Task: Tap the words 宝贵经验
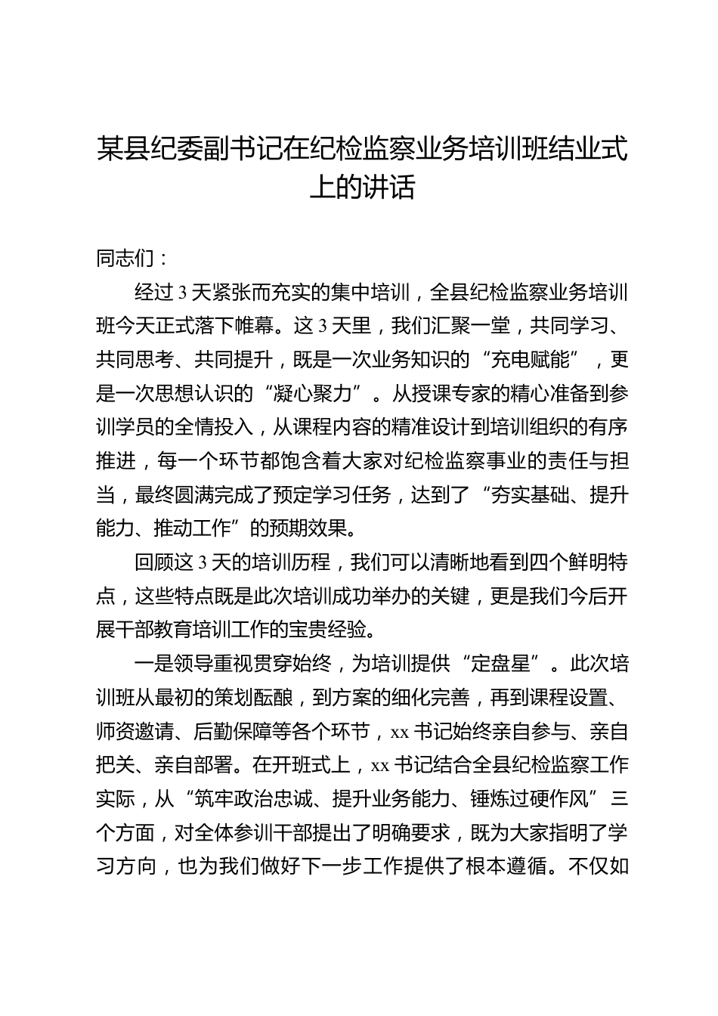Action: tap(332, 630)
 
